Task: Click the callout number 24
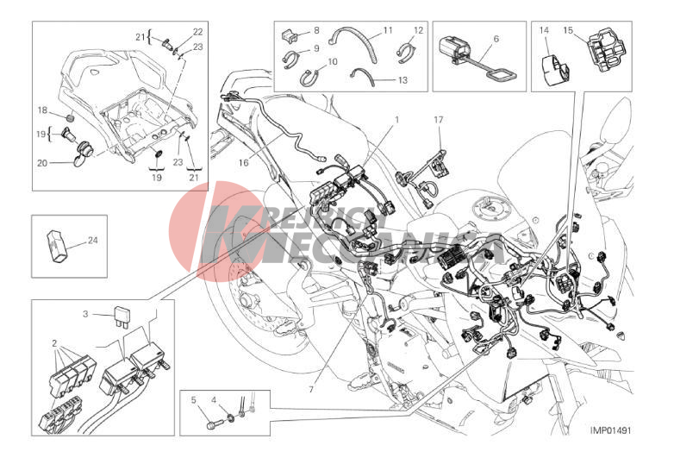coord(93,241)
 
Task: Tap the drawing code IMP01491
coord(610,430)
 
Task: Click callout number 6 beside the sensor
coord(496,39)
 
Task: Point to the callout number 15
coord(568,30)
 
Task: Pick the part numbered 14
coord(554,71)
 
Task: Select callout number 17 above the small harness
coord(439,120)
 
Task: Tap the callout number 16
coord(243,162)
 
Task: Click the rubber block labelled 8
coord(290,35)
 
